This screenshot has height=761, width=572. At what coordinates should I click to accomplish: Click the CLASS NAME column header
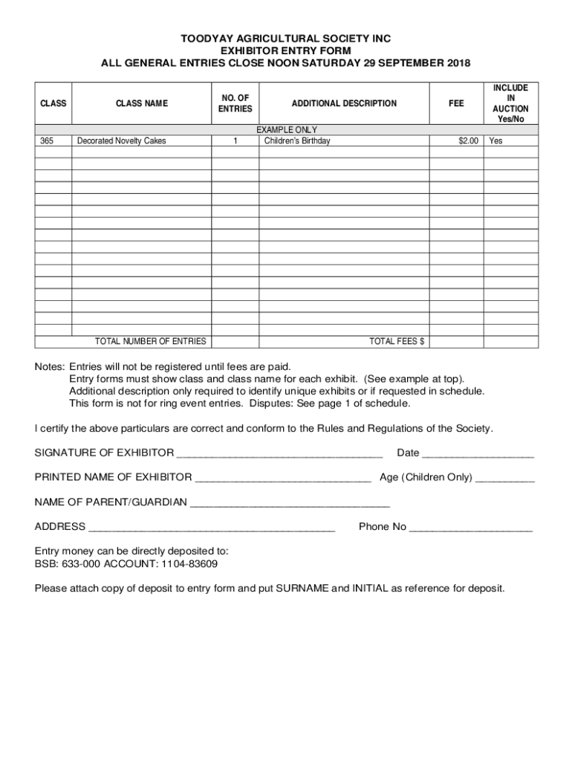(x=142, y=103)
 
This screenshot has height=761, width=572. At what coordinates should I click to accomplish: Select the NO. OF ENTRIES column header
(x=235, y=103)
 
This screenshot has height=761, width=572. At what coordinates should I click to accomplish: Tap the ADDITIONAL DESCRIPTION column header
(x=344, y=103)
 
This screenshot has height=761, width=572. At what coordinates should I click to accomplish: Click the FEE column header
(x=456, y=103)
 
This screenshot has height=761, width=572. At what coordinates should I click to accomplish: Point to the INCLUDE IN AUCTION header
(x=510, y=103)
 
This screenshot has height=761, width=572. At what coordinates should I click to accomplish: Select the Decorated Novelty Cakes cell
(x=122, y=140)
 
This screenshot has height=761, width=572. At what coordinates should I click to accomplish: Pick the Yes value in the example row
(x=495, y=140)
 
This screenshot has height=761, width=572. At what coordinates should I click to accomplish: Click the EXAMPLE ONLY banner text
(x=287, y=130)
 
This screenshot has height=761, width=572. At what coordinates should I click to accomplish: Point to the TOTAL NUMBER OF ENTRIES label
(x=150, y=341)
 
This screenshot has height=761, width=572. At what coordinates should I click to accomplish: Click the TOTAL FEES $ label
(x=397, y=341)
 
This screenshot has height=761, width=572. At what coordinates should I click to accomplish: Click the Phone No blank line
(x=471, y=528)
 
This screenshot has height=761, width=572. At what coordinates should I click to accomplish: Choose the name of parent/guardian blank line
(x=290, y=504)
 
